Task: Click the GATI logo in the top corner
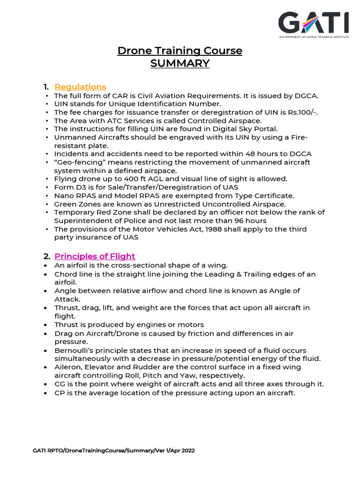click(x=314, y=24)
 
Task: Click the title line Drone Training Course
click(x=180, y=51)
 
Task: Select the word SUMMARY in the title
click(x=180, y=63)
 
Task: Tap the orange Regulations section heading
click(x=80, y=87)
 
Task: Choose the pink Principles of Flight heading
click(x=95, y=256)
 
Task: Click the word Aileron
click(x=67, y=367)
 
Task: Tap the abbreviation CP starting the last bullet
click(x=59, y=393)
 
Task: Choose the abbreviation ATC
click(x=107, y=120)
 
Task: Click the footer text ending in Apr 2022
click(x=114, y=450)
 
